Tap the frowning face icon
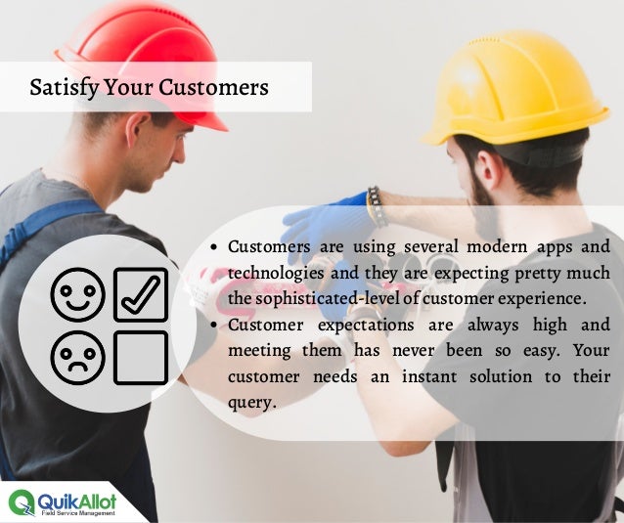(78, 357)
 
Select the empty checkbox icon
(141, 357)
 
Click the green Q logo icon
(22, 502)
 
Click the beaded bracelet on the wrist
(374, 206)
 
